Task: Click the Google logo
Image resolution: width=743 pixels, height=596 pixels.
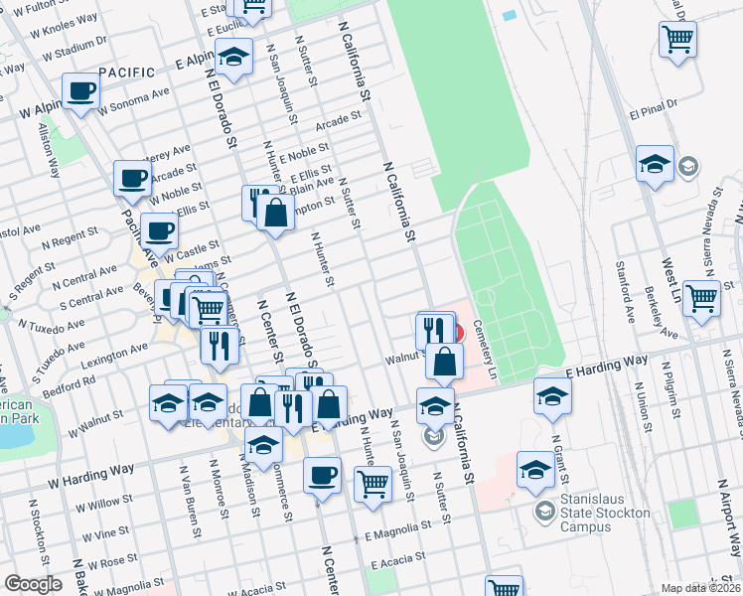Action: tap(34, 584)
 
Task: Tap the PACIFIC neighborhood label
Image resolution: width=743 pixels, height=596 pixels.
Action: tap(126, 73)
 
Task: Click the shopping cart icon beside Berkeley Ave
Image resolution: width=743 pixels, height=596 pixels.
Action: tap(701, 297)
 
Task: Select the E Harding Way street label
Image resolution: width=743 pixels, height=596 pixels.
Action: tap(607, 366)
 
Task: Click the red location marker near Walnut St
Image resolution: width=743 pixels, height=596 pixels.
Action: tap(458, 332)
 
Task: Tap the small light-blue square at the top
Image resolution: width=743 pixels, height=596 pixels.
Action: tap(510, 16)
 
